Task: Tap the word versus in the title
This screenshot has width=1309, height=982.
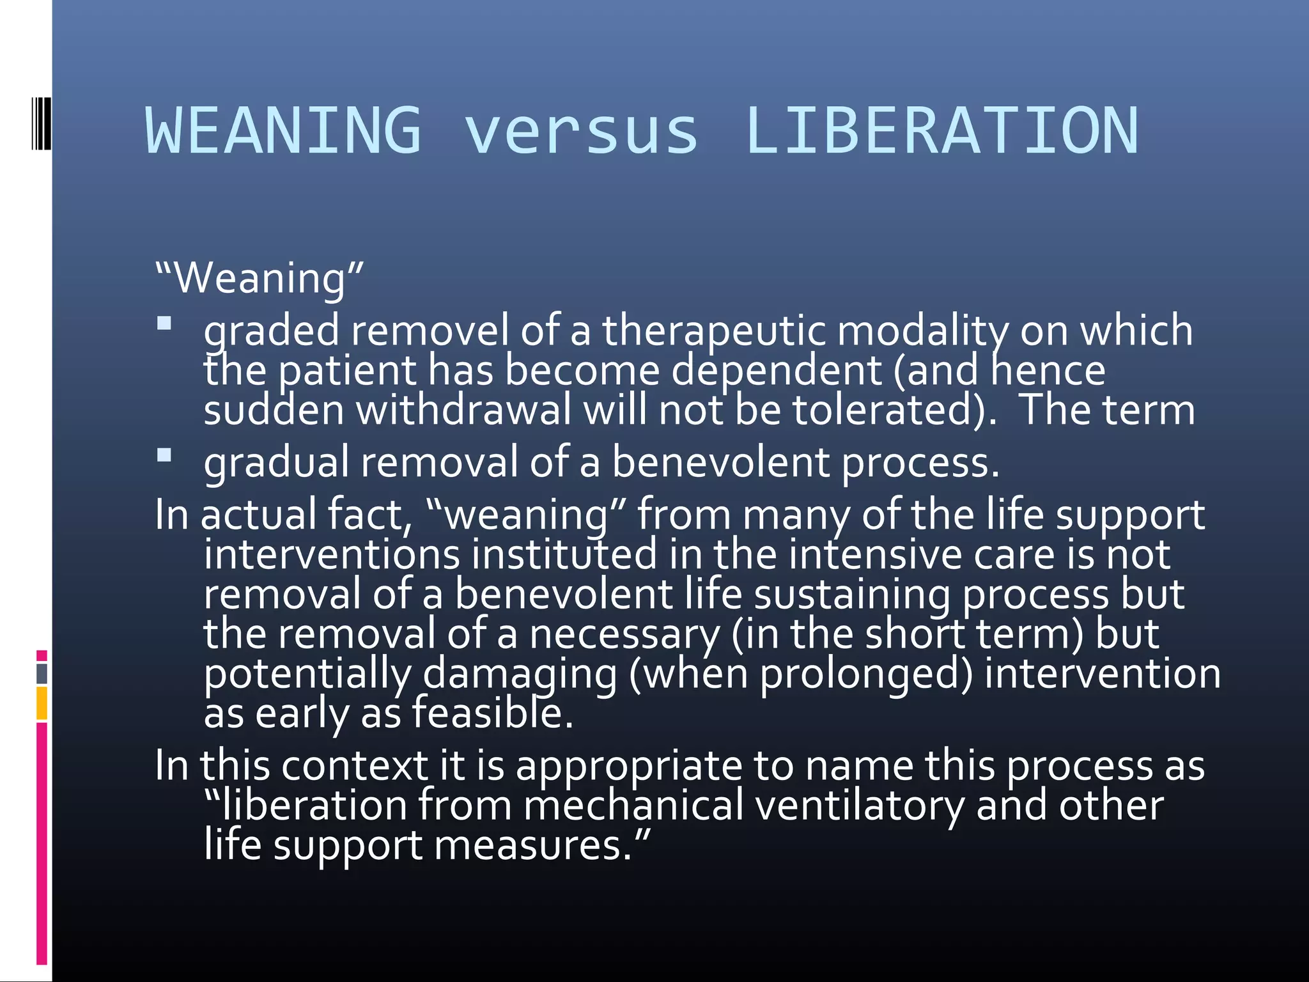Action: pos(581,132)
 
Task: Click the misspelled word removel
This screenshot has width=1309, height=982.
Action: pos(430,331)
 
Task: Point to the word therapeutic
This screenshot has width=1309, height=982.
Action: pos(713,331)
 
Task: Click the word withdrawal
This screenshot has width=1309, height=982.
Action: pos(463,410)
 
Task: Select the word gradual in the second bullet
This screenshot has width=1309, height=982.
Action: pos(276,462)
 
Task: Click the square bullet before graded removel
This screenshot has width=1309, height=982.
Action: pos(164,323)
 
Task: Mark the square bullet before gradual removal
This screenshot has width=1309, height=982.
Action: pos(164,455)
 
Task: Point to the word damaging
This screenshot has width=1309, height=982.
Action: pos(520,674)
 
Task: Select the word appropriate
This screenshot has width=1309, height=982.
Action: pos(629,765)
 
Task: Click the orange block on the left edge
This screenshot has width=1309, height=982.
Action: pos(42,703)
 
